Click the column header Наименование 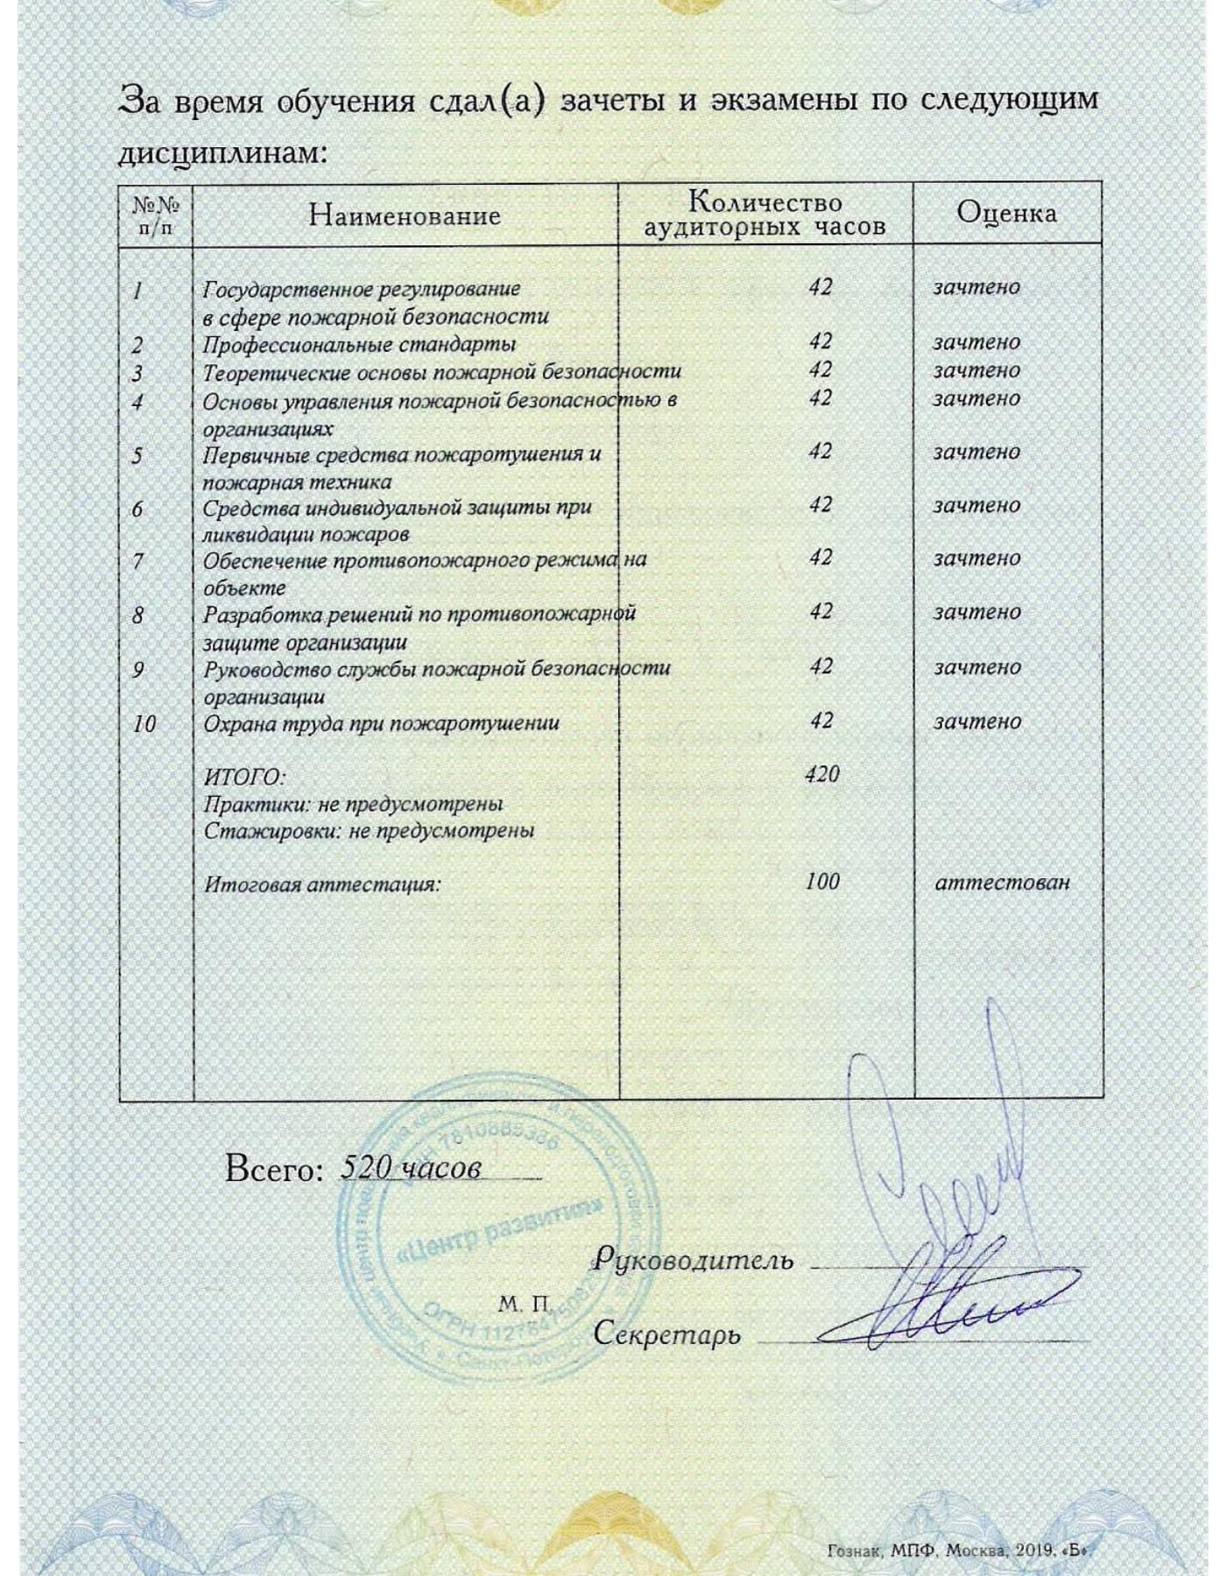point(405,215)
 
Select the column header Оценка point(1006,213)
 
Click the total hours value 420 point(821,774)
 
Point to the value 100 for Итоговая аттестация point(821,881)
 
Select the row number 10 point(144,724)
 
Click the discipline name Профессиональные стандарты point(359,344)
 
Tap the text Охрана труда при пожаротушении point(381,724)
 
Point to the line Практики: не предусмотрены point(353,804)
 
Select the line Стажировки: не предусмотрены point(369,830)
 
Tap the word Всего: point(274,1169)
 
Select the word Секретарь point(666,1333)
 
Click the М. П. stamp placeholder point(523,1305)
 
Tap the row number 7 point(137,560)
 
